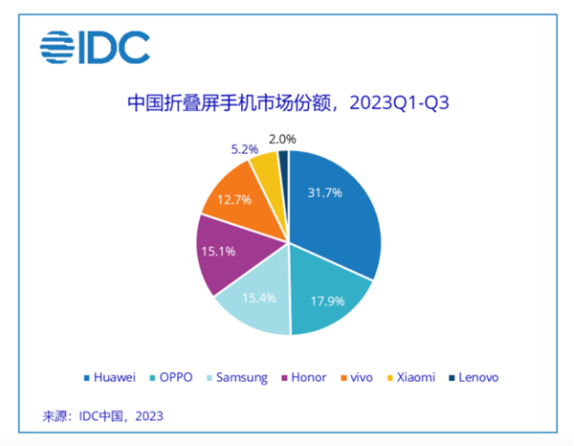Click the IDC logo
[95, 46]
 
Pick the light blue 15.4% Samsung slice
[255, 301]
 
